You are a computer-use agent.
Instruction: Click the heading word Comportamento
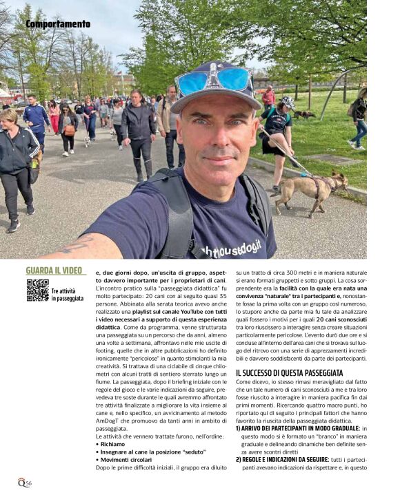coord(58,24)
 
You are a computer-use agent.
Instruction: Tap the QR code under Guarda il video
coord(37,290)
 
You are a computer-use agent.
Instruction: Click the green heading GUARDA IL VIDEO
coord(54,271)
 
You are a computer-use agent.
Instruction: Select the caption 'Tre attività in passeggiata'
coord(67,295)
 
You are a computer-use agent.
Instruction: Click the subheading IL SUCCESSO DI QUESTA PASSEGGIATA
coord(289,372)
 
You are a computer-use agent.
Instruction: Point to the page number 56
coord(26,483)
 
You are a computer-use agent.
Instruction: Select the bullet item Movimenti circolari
coord(123,460)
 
